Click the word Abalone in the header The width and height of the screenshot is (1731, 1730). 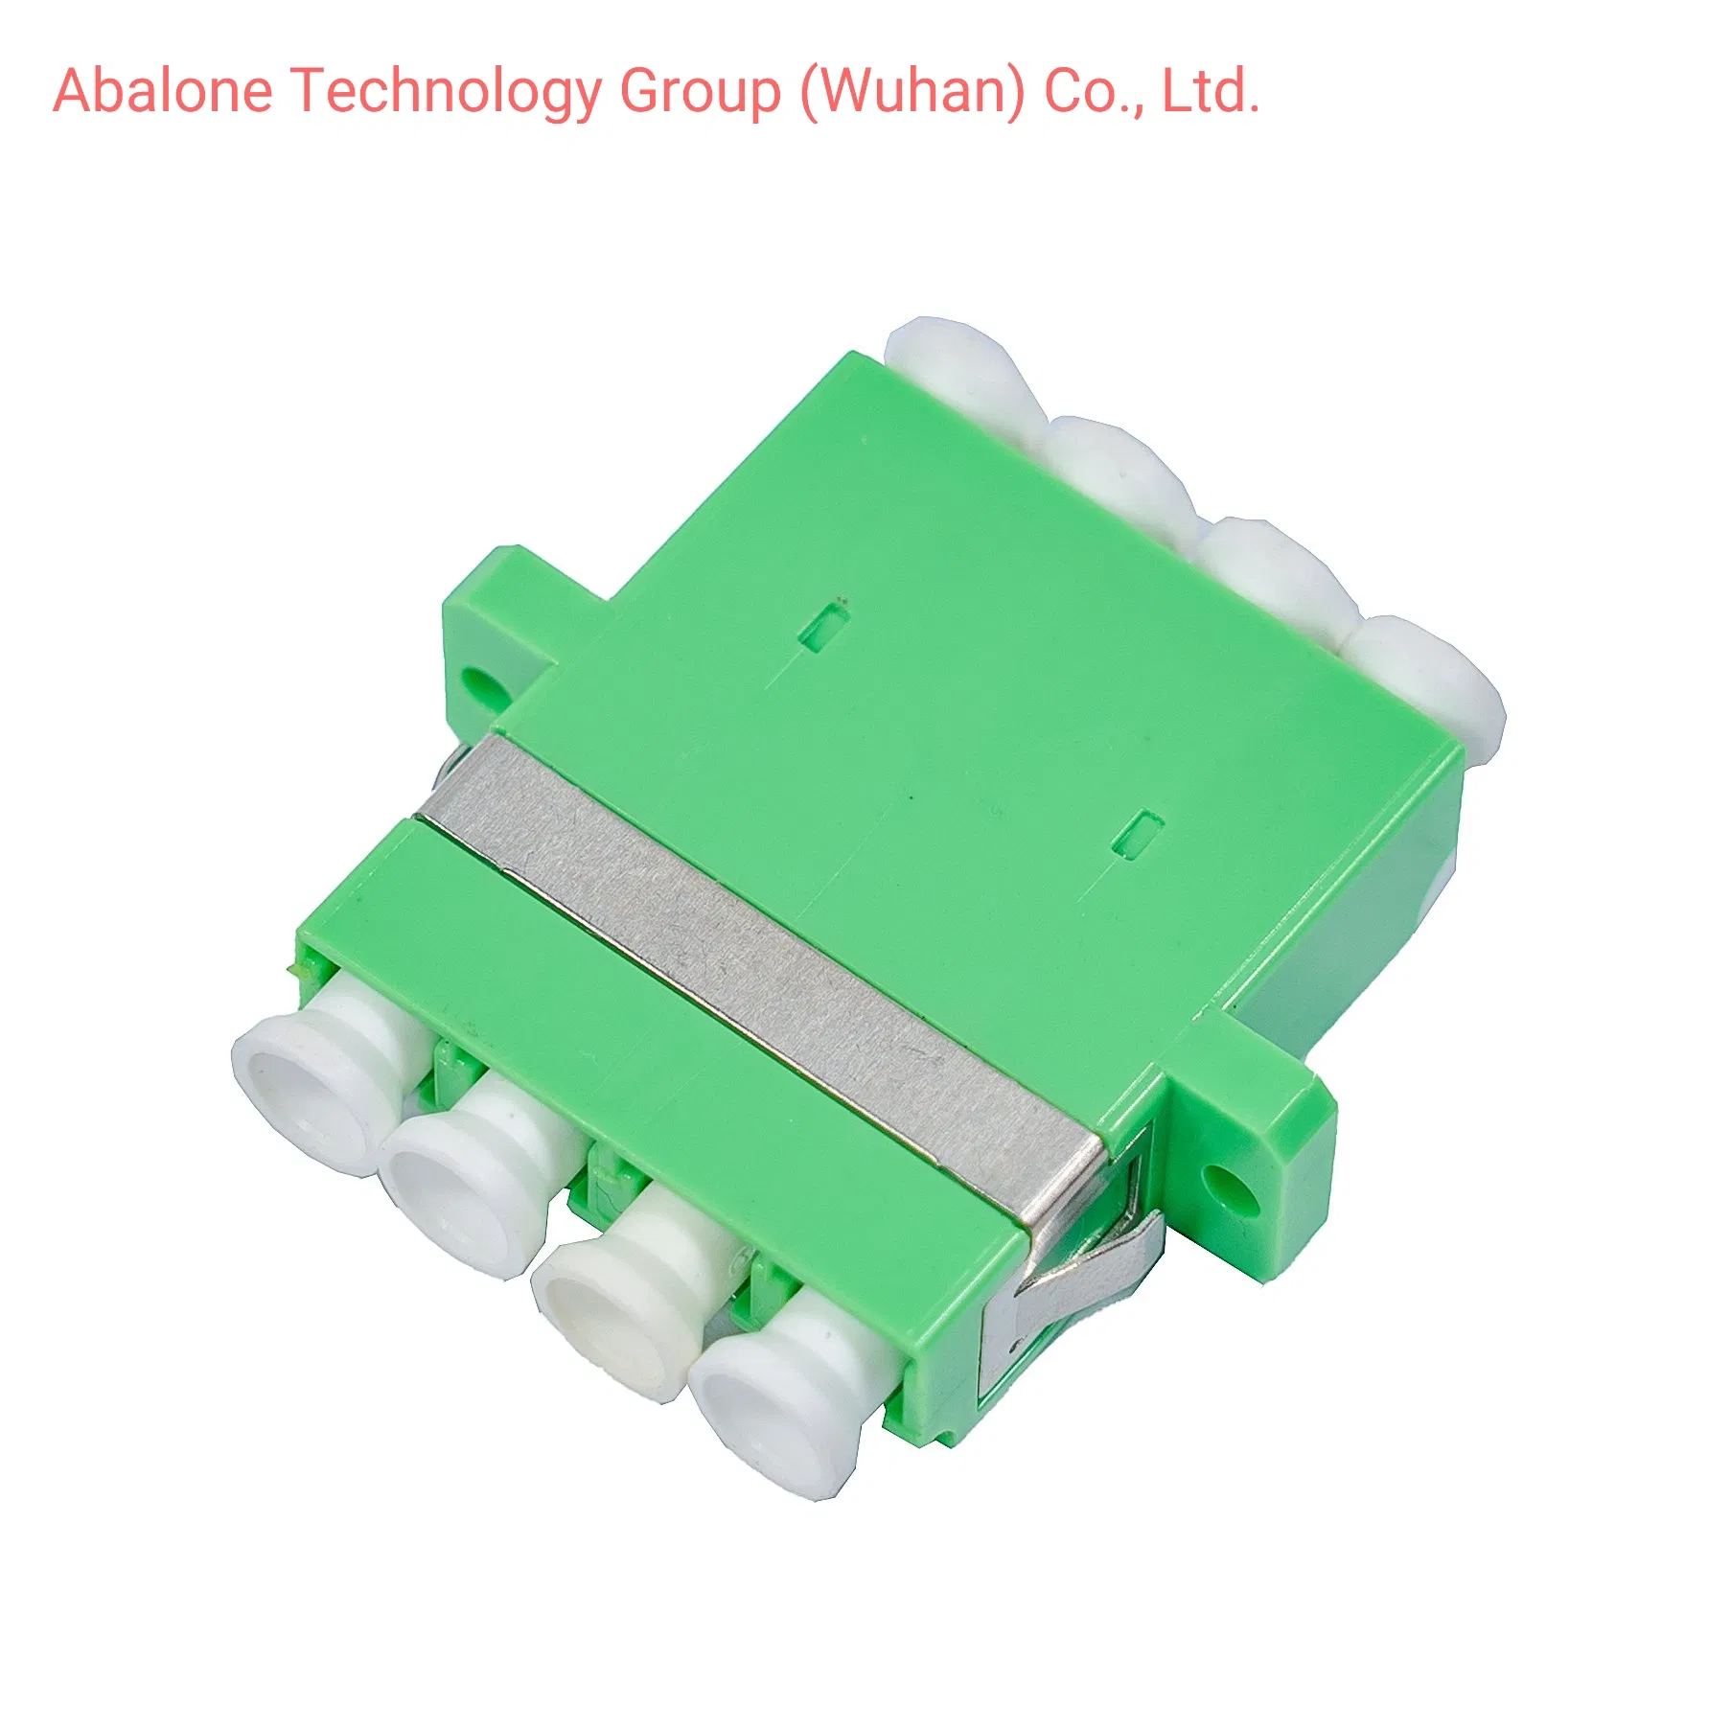(x=163, y=91)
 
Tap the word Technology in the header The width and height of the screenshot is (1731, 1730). (x=448, y=93)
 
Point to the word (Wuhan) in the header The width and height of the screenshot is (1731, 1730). (x=912, y=93)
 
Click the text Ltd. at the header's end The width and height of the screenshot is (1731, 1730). (x=1211, y=91)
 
